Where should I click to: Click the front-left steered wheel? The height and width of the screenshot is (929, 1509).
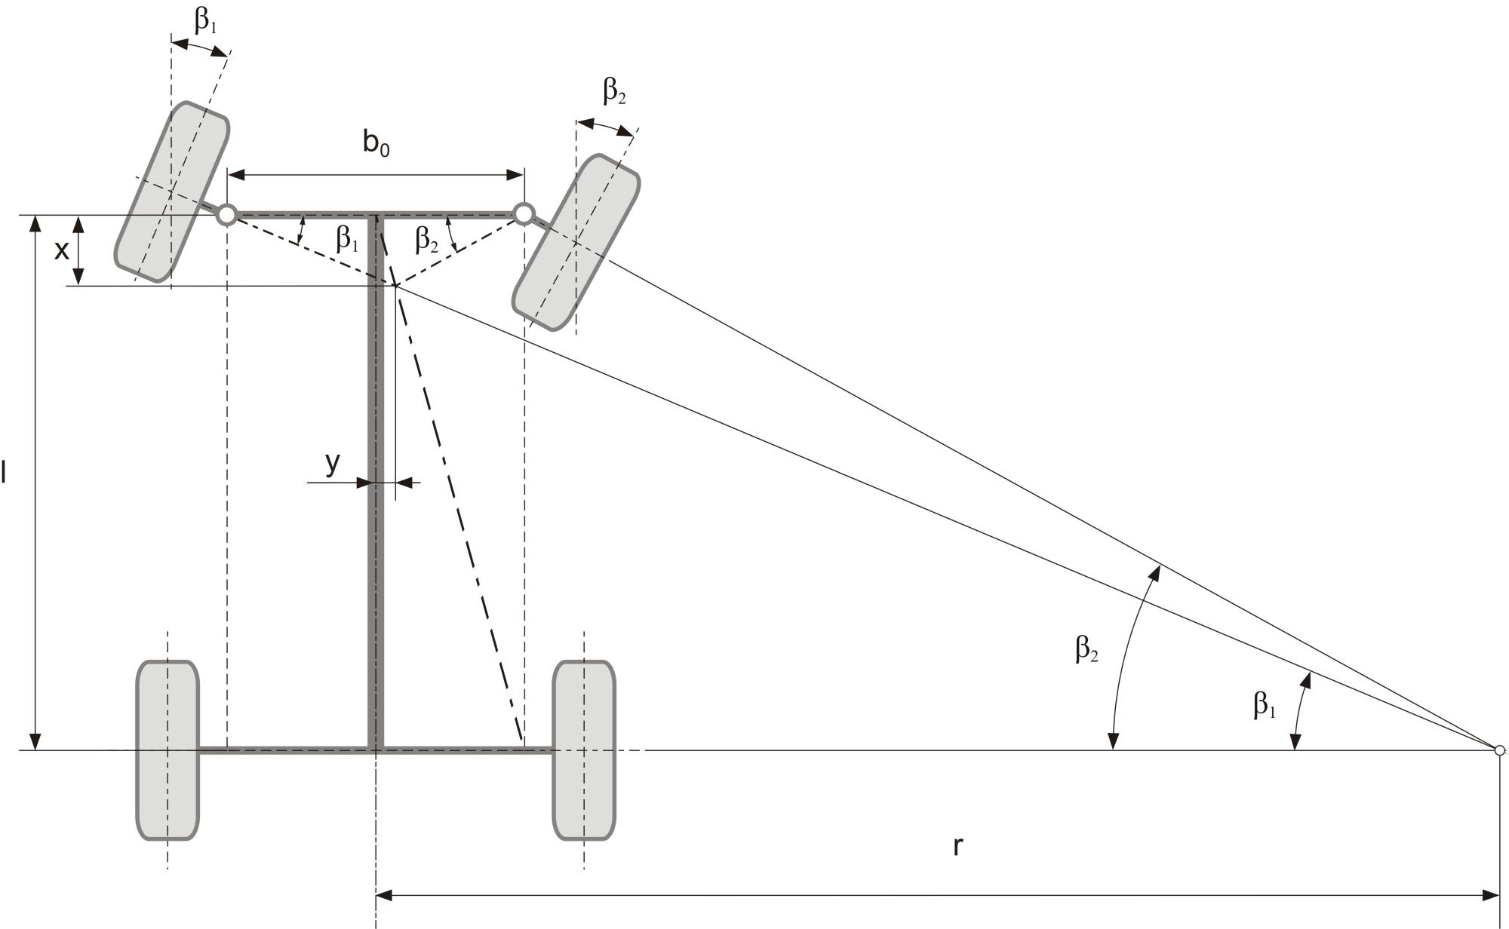pos(172,192)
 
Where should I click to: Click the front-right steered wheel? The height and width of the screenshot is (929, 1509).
pos(576,243)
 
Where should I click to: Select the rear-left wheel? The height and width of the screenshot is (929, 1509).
pos(167,750)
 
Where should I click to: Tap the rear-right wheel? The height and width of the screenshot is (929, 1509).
pos(584,750)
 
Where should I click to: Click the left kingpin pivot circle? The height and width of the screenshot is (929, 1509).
pos(226,215)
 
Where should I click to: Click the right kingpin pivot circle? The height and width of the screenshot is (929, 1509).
pos(524,213)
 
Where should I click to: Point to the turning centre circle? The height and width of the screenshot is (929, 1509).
pos(1499,750)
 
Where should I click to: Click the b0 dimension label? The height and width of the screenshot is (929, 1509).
pos(376,143)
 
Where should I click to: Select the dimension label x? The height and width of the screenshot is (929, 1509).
pos(61,251)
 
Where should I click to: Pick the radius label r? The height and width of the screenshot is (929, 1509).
pos(957,846)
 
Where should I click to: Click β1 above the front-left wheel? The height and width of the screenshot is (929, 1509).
pos(205,21)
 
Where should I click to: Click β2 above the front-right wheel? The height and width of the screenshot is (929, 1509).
pos(614,92)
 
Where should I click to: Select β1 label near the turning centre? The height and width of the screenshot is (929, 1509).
pos(1264,705)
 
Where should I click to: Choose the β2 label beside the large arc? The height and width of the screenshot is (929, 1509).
pos(1086,649)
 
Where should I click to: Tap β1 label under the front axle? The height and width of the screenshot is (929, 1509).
pos(347,239)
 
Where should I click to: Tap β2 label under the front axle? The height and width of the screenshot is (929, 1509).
pos(426,240)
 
